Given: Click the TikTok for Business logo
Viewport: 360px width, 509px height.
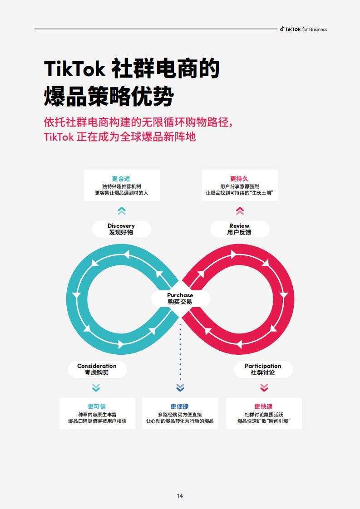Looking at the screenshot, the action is click(x=303, y=29).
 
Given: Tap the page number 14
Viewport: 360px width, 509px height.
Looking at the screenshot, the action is click(x=180, y=496).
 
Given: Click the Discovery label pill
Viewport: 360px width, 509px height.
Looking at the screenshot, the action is click(x=122, y=229).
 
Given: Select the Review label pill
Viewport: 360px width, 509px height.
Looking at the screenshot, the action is click(x=240, y=229).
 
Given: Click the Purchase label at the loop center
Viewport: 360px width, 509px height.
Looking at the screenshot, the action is click(x=180, y=299).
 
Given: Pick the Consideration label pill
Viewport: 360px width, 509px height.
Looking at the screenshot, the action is click(x=97, y=369).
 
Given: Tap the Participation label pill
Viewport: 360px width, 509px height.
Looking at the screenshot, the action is click(x=263, y=369).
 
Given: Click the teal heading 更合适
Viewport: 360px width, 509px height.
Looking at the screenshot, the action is click(x=121, y=179).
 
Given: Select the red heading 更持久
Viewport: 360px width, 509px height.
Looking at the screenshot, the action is click(x=239, y=179).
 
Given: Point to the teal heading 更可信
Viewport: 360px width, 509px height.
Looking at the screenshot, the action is click(x=97, y=406).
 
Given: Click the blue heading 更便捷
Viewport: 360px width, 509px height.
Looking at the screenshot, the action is click(x=180, y=406).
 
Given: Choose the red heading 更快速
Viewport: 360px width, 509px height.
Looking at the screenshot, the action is click(x=263, y=406).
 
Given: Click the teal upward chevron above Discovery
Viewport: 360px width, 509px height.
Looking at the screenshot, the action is click(x=122, y=211).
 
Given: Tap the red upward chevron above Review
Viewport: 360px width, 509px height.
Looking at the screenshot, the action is click(x=240, y=211).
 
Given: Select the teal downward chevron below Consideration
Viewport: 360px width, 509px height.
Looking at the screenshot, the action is click(x=96, y=387).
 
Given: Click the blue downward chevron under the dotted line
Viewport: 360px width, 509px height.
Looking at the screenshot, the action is click(x=180, y=387).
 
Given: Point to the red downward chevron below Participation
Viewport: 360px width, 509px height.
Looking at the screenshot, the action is click(x=264, y=387).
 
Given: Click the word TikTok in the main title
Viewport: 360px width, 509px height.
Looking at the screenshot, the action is click(x=75, y=69).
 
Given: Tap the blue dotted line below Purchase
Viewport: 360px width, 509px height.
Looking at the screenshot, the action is click(x=180, y=352).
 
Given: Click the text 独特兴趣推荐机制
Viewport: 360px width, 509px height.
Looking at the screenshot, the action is click(x=122, y=186).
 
